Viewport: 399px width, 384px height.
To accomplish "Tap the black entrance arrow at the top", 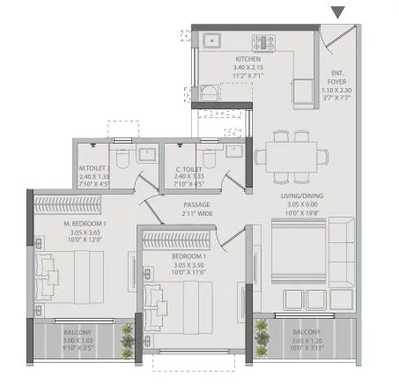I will coord(339,11).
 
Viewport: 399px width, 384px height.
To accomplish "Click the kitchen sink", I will coord(212,40).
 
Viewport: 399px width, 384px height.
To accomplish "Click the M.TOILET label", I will coord(92,168).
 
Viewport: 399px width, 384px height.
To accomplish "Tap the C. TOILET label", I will coord(188,168).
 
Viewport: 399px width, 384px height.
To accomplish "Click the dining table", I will coord(284,157).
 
